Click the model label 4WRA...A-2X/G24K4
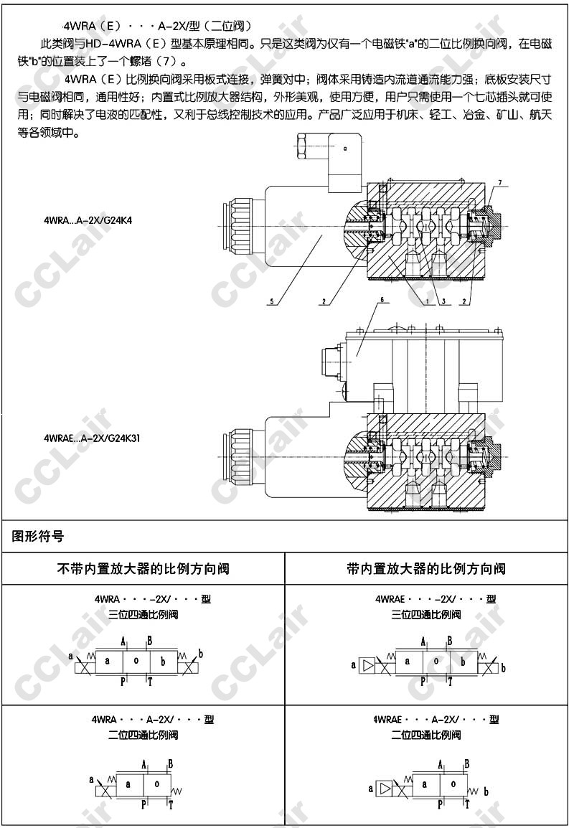tap(88, 222)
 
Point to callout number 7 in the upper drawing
tap(500, 182)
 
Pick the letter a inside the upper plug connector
tap(344, 149)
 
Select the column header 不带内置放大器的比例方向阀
tap(143, 569)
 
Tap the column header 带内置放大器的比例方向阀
tap(426, 569)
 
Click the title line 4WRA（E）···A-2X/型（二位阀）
tap(157, 27)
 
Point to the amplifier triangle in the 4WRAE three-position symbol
tap(368, 666)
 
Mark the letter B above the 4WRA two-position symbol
tap(170, 763)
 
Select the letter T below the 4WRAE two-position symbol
tap(466, 805)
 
